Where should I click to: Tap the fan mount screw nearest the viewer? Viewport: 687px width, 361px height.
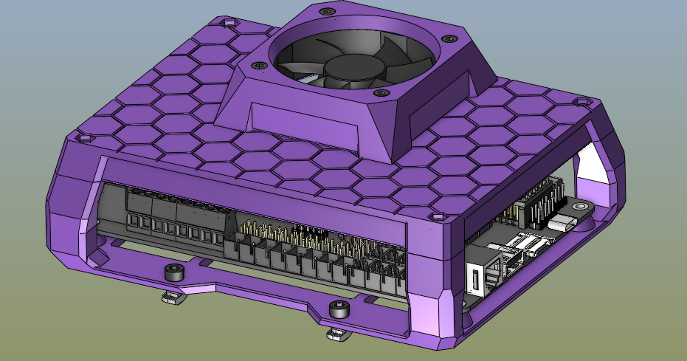point(380,94)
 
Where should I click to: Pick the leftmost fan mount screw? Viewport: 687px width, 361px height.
point(259,66)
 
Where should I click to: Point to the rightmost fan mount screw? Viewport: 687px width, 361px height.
point(448,39)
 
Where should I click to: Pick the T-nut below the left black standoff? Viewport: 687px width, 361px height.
point(170,298)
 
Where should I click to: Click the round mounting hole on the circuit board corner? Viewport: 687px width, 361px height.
point(579,208)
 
